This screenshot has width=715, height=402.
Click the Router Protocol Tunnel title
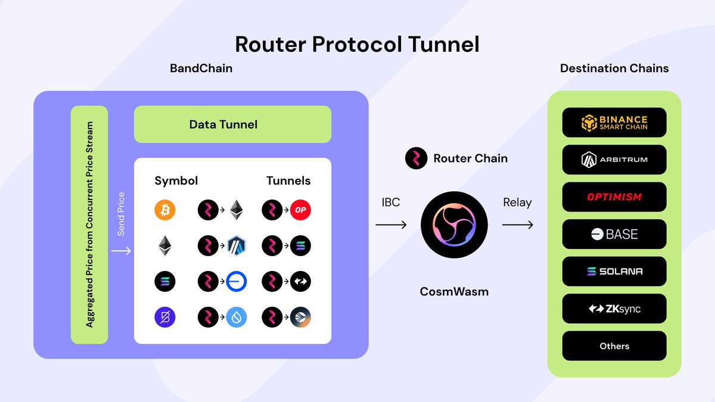click(357, 44)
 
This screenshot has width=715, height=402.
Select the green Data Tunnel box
click(232, 124)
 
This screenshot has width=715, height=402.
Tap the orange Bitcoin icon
click(165, 210)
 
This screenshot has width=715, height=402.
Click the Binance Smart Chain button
click(614, 123)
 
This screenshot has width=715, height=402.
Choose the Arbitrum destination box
click(614, 160)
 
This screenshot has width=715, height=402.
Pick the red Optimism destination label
click(614, 197)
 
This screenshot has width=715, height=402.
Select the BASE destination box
click(614, 234)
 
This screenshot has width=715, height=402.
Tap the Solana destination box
click(614, 272)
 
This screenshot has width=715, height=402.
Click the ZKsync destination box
click(614, 308)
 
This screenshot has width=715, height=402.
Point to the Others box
click(614, 346)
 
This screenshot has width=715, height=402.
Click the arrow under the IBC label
click(391, 225)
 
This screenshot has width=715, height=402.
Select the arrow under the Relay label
click(517, 225)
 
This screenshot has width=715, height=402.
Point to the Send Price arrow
click(121, 251)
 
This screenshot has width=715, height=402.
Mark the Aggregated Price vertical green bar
click(89, 225)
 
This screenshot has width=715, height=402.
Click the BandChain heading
click(201, 68)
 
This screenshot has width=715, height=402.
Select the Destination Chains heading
click(614, 68)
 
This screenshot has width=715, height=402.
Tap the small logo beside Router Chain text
click(416, 158)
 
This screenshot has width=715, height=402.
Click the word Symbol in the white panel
click(176, 180)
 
